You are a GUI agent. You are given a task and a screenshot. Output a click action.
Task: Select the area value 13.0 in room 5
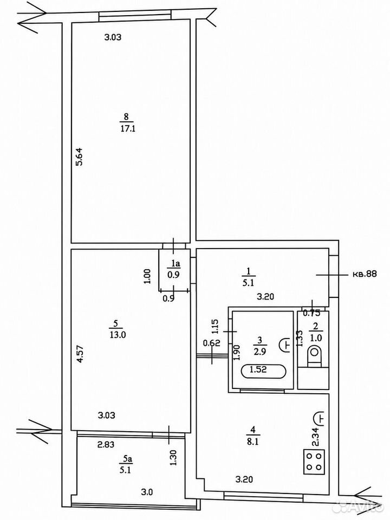pyautogui.click(x=118, y=335)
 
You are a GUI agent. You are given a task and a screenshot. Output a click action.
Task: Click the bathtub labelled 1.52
pyautogui.click(x=263, y=370)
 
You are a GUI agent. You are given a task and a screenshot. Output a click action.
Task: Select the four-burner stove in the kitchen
pyautogui.click(x=314, y=461)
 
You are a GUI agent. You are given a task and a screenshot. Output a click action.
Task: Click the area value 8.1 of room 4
pyautogui.click(x=253, y=442)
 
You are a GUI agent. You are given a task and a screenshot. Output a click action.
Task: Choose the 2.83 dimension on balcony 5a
pyautogui.click(x=106, y=445)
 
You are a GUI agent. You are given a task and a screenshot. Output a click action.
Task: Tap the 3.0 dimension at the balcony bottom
pyautogui.click(x=147, y=492)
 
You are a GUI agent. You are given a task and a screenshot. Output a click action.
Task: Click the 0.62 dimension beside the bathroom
pyautogui.click(x=212, y=343)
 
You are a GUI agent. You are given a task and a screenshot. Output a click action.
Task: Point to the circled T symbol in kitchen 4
pyautogui.click(x=320, y=418)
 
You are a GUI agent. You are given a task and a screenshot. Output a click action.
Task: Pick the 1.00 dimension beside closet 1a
pyautogui.click(x=148, y=276)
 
